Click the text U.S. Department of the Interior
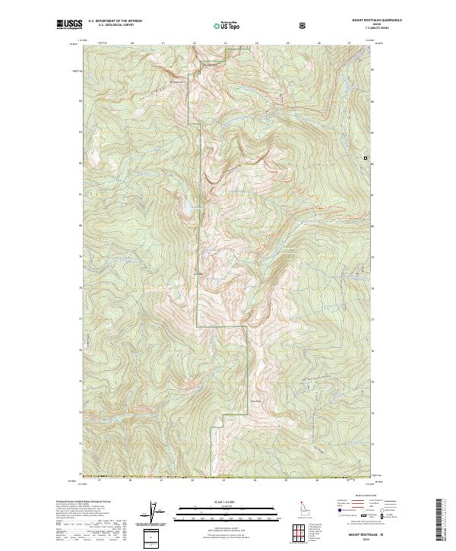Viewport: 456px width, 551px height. tap(115, 22)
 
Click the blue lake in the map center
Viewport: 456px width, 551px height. tap(185, 207)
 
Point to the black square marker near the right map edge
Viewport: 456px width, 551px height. tap(366, 157)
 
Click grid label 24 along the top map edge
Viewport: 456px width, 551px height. tap(256, 43)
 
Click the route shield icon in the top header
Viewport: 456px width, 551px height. tap(304, 25)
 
